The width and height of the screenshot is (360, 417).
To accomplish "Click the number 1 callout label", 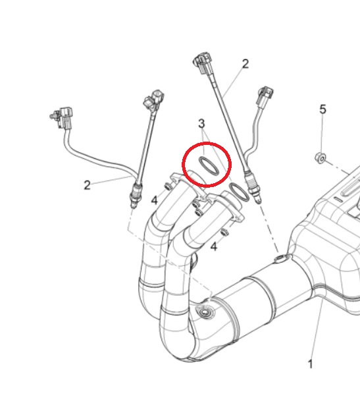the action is [310, 364].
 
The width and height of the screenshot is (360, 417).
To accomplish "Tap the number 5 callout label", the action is [322, 109].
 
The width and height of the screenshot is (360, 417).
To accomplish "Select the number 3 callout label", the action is [201, 124].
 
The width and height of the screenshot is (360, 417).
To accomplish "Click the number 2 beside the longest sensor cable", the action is [245, 64].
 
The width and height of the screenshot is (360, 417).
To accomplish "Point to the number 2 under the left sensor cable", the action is [87, 185].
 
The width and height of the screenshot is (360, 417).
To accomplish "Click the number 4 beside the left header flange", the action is [155, 200].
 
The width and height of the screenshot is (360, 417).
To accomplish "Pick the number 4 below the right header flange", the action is [214, 247].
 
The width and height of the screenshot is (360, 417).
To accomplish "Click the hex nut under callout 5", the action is [320, 157].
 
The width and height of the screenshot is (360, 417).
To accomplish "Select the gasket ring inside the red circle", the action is [210, 166].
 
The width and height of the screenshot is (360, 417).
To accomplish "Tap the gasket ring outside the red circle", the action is [239, 192].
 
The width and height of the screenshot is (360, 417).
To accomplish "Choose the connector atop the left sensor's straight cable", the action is [154, 99].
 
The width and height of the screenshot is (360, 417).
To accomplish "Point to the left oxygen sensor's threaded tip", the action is [135, 196].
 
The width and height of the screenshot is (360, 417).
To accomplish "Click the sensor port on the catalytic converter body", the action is [204, 312].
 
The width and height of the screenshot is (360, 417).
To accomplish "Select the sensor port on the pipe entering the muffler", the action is [282, 258].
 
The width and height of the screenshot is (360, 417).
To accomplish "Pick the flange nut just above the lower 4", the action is [225, 232].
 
